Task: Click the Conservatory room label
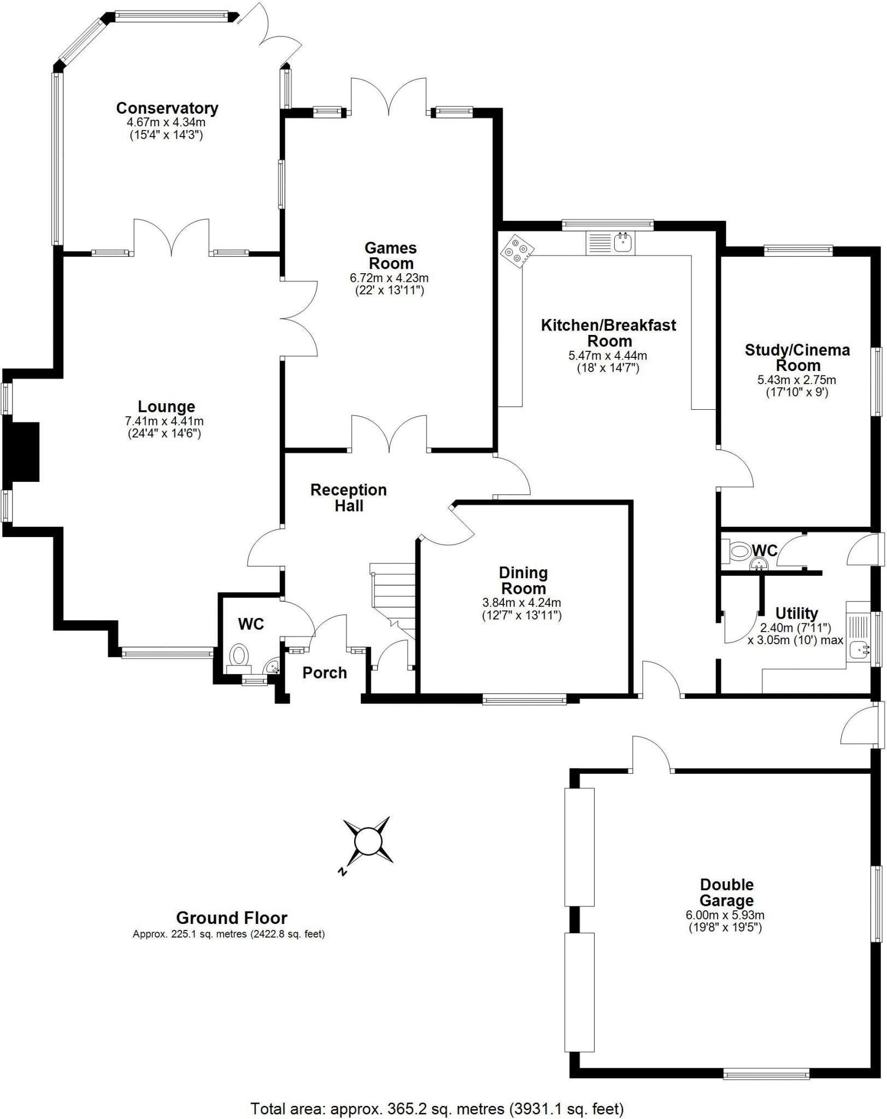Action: pyautogui.click(x=167, y=108)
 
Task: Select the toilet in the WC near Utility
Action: pyautogui.click(x=739, y=551)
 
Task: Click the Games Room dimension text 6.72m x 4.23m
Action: pyautogui.click(x=389, y=278)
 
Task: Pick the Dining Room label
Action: pyautogui.click(x=523, y=580)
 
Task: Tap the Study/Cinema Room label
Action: pyautogui.click(x=797, y=357)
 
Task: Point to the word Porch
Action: pyautogui.click(x=325, y=673)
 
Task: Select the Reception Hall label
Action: pyautogui.click(x=349, y=497)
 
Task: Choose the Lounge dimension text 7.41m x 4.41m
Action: pyautogui.click(x=164, y=421)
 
